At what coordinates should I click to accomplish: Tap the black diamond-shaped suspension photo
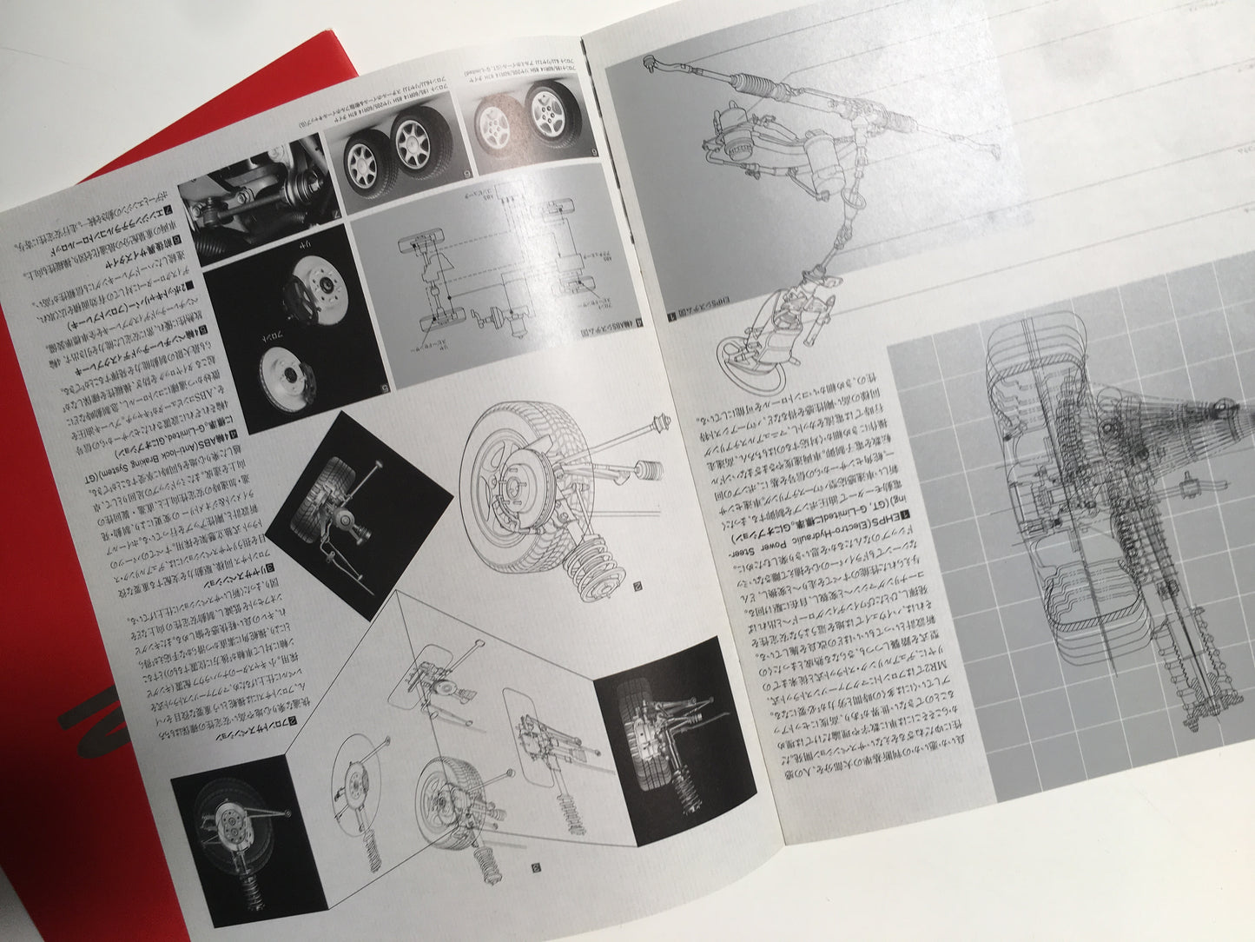[x=359, y=500]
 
